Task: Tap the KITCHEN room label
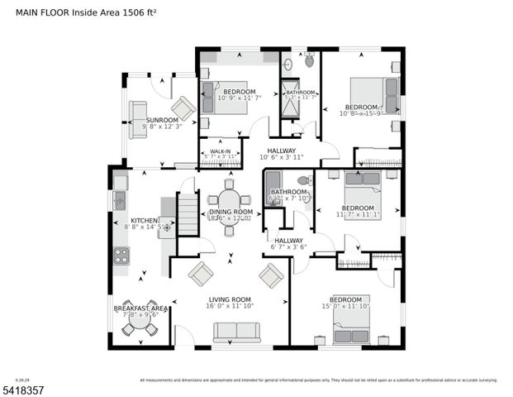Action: click(x=145, y=221)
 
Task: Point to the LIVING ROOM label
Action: click(x=230, y=299)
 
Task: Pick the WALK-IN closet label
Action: click(x=220, y=151)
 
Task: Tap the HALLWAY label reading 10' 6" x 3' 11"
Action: click(x=281, y=151)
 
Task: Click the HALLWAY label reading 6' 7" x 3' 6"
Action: click(x=289, y=240)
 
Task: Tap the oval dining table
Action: click(x=230, y=200)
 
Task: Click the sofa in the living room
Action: click(x=236, y=332)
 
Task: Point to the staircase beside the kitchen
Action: click(x=188, y=214)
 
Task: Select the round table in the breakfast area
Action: click(x=140, y=328)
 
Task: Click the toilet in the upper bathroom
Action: click(x=309, y=60)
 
